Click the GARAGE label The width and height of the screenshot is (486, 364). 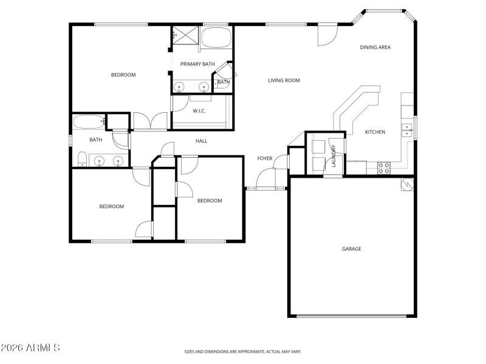[351, 249]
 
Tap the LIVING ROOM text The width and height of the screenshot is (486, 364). [284, 80]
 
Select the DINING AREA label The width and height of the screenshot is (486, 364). [375, 47]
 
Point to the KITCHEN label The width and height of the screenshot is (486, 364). [374, 132]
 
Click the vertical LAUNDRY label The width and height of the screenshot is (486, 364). [334, 155]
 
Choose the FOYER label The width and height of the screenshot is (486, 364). [264, 158]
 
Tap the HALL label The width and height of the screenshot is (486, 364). [201, 141]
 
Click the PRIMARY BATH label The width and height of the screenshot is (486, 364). [197, 64]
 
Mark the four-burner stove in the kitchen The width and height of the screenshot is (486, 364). [384, 168]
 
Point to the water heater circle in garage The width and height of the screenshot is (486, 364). [407, 184]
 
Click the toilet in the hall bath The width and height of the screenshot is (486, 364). [81, 160]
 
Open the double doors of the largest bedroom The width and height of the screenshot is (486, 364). [150, 121]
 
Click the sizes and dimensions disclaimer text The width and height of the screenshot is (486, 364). [243, 351]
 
